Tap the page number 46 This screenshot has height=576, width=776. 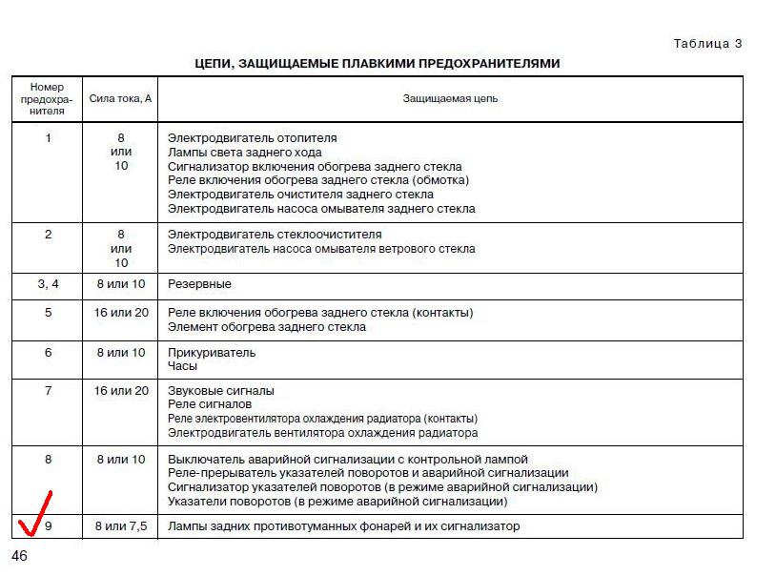(19, 556)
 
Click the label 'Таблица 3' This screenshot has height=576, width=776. (707, 44)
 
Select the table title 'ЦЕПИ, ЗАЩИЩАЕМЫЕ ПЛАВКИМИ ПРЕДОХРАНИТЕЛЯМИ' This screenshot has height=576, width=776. (378, 64)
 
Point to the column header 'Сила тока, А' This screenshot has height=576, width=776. (120, 98)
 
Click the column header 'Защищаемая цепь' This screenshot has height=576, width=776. (450, 98)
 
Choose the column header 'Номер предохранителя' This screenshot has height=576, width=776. (48, 98)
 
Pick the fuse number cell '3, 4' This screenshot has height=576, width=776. (48, 284)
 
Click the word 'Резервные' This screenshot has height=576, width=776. (199, 284)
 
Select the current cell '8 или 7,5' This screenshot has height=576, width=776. (120, 526)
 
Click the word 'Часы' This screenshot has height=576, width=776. (183, 366)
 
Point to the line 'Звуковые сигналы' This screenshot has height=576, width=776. (220, 391)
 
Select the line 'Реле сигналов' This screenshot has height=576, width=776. (210, 404)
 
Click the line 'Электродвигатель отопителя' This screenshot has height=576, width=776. (252, 138)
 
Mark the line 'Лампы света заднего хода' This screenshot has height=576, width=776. (244, 153)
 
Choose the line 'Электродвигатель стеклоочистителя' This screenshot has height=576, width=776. (275, 235)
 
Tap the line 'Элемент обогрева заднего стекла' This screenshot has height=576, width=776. (267, 327)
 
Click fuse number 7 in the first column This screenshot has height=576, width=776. (49, 391)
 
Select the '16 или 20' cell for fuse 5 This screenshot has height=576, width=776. (120, 313)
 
